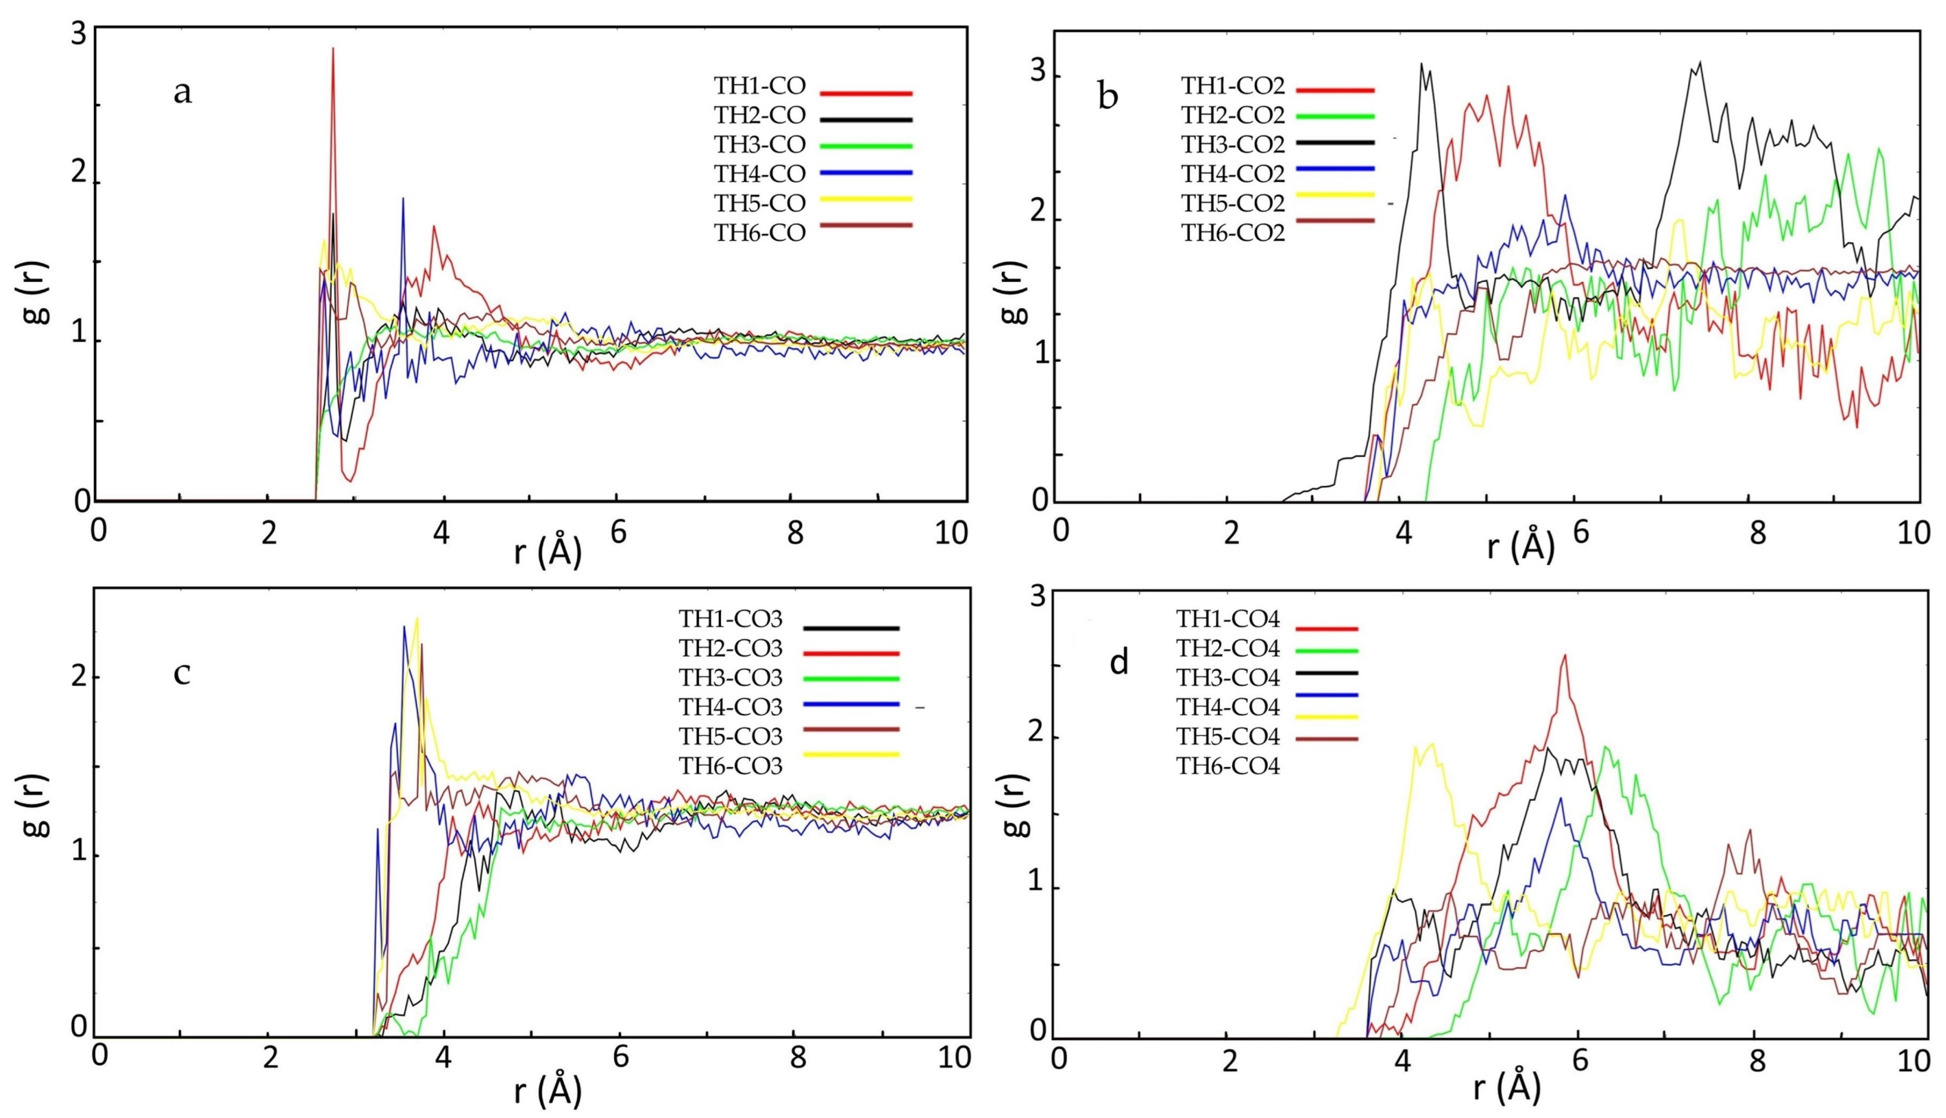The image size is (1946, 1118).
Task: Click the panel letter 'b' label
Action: pyautogui.click(x=1107, y=96)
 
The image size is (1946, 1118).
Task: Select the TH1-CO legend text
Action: pyautogui.click(x=759, y=86)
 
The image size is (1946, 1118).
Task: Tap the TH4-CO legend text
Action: pyautogui.click(x=759, y=175)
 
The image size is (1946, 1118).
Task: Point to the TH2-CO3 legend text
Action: pyautogui.click(x=730, y=649)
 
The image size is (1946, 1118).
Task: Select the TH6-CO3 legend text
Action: pyautogui.click(x=730, y=765)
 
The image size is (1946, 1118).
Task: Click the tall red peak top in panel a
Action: pyautogui.click(x=333, y=49)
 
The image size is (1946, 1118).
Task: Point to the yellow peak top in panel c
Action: pyautogui.click(x=417, y=618)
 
